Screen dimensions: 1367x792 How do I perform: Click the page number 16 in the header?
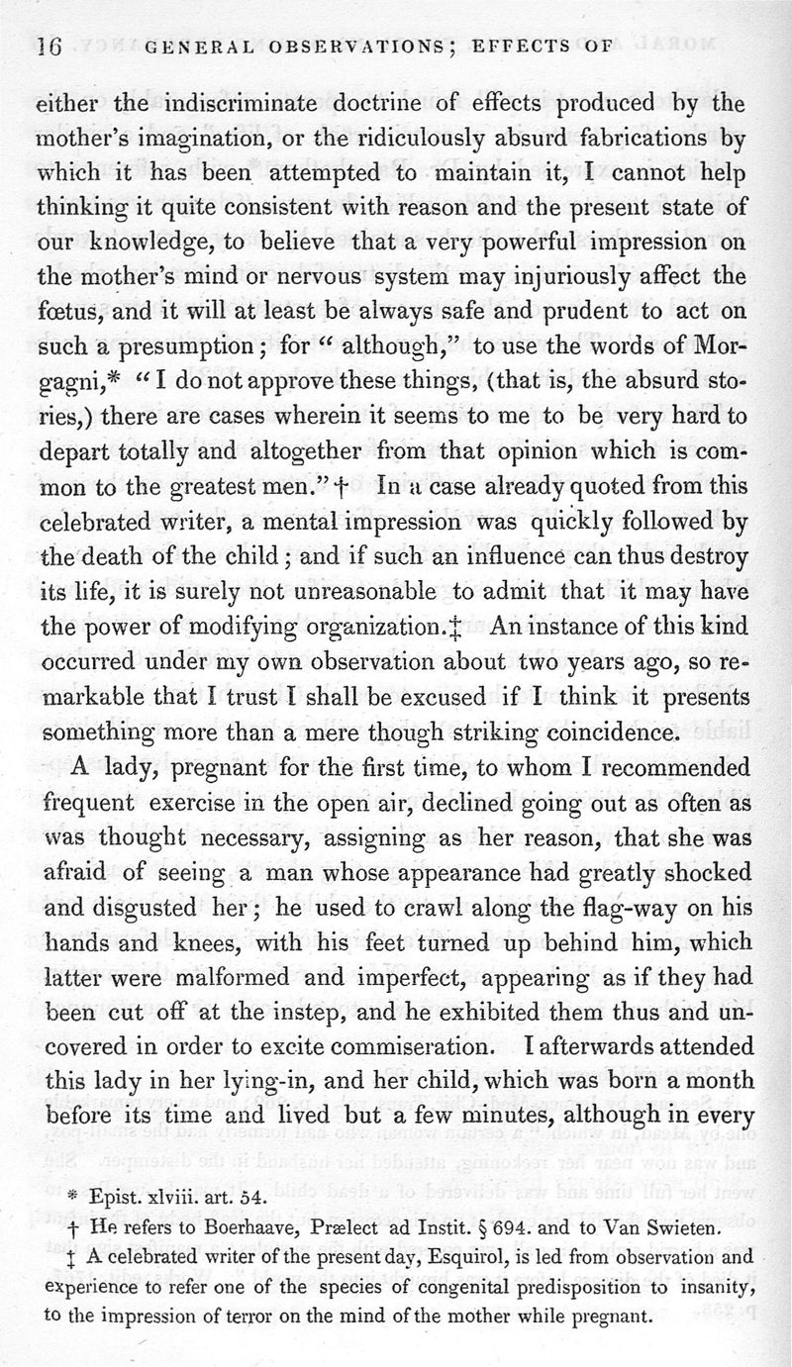click(x=49, y=46)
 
